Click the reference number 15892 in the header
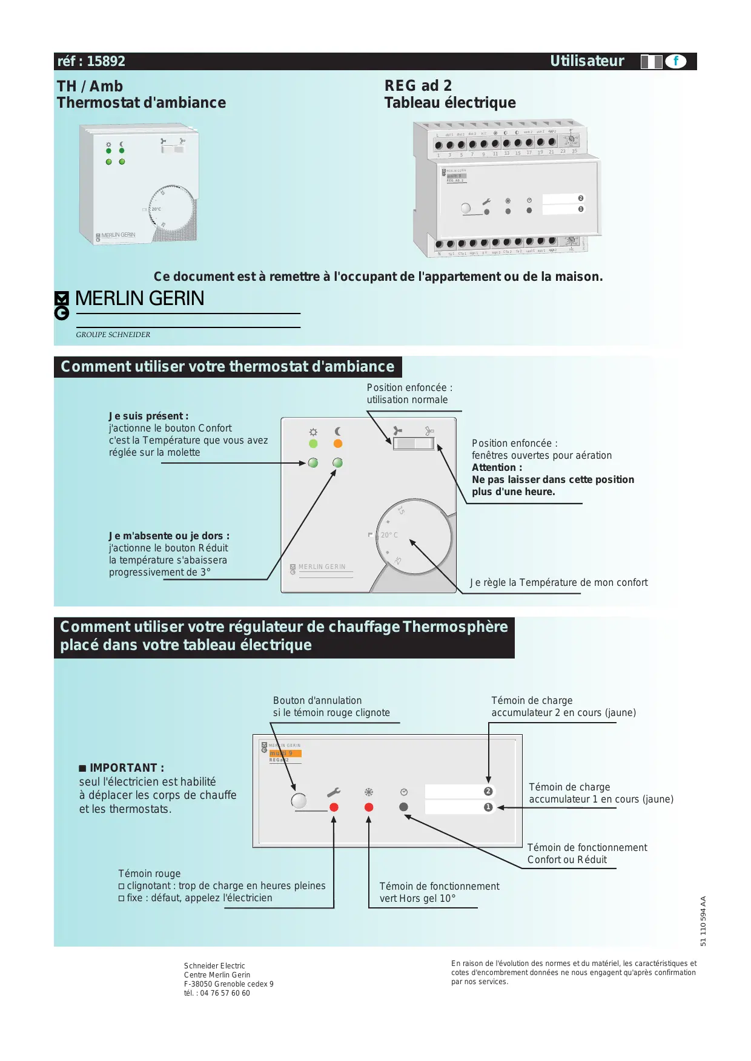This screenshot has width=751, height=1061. coord(106,61)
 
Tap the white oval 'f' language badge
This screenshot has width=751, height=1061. coord(675,61)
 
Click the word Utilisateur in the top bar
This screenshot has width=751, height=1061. coord(586,61)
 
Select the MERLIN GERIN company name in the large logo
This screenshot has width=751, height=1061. coord(139,298)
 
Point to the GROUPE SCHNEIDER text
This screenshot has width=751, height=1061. coord(113,335)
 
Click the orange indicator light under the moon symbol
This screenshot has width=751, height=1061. coord(338,444)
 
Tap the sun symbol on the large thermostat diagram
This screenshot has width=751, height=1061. coord(313,432)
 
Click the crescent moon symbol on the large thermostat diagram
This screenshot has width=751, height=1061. coord(338,432)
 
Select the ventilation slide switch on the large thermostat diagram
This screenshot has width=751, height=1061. coord(414,444)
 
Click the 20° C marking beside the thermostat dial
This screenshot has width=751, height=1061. coord(389,535)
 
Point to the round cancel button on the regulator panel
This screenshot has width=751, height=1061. coord(299,801)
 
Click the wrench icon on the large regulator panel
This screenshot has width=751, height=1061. coord(334,792)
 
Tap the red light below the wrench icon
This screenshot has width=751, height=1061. coord(334,807)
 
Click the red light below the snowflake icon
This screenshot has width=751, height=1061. coord(369,807)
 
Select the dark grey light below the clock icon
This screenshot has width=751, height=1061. coord(404,807)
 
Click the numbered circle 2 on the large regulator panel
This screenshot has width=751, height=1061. coord(488,792)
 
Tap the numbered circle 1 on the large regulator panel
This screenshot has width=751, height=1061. coord(488,807)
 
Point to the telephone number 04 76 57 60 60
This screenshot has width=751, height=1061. coord(225,993)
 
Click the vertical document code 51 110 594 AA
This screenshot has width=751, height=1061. coord(703,921)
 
